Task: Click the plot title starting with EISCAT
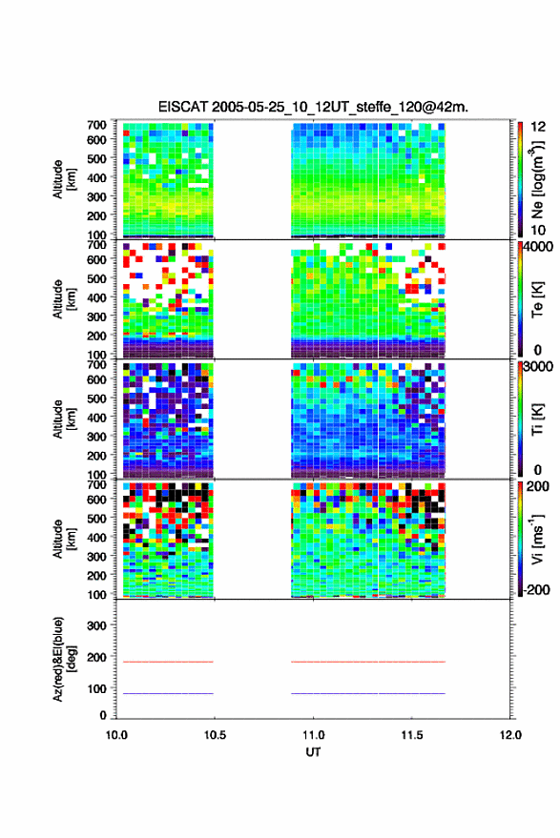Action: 313,107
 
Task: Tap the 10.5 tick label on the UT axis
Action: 215,735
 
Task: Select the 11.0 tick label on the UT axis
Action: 314,735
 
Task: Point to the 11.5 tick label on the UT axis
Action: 412,735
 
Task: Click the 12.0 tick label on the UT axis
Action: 510,735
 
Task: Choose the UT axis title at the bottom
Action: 314,752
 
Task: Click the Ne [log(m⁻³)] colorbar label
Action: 537,179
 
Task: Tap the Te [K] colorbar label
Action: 537,299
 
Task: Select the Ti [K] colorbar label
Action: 537,419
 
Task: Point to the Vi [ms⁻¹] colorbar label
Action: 537,539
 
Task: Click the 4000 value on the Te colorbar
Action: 538,247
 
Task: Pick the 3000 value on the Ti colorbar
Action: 538,367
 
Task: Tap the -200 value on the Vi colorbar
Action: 536,590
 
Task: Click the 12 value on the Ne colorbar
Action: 539,127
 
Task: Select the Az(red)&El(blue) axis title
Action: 64,659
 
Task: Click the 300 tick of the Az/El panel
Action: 96,625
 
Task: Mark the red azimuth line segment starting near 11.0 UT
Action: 368,662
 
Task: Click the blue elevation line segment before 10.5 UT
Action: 169,693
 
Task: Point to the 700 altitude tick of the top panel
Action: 96,125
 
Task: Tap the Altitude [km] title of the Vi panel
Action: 64,539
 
